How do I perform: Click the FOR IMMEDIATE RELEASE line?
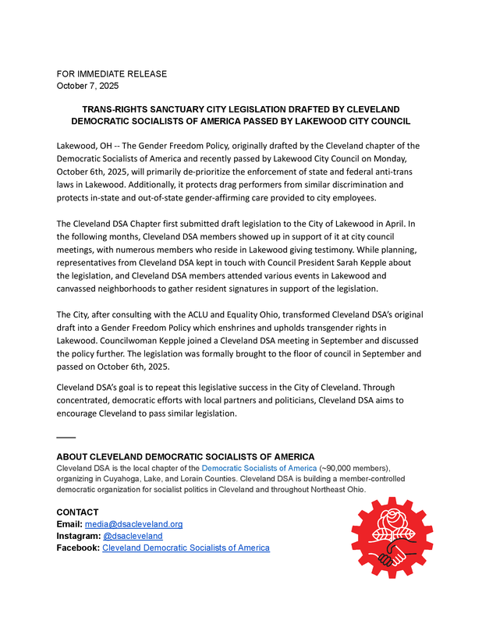click(112, 74)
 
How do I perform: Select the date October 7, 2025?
click(87, 86)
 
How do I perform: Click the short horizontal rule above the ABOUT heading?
click(66, 437)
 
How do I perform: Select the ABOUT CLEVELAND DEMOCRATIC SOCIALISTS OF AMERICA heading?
click(186, 456)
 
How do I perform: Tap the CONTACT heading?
click(77, 512)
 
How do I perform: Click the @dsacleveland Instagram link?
click(133, 536)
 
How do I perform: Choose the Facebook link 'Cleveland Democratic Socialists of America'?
click(186, 548)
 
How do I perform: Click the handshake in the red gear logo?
click(392, 555)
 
